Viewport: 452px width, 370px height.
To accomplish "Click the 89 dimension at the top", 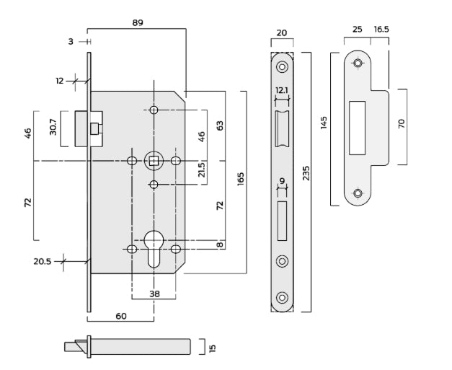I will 138,22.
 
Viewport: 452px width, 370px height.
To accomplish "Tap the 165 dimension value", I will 240,177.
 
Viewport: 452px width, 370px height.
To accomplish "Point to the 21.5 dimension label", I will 202,171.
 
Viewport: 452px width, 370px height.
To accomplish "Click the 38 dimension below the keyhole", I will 154,294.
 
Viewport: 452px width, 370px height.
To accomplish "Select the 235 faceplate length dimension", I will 307,174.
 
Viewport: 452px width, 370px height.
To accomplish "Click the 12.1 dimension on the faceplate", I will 282,91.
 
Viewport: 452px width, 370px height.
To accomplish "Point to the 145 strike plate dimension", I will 324,123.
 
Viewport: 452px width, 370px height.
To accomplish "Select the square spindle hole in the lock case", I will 154,159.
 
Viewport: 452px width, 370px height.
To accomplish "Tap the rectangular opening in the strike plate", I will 357,128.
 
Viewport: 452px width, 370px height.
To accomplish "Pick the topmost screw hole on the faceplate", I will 282,67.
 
